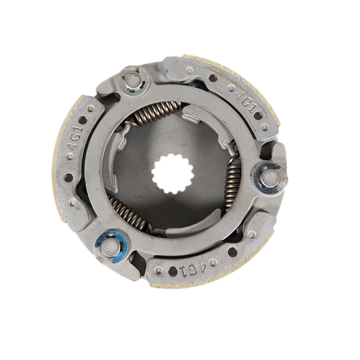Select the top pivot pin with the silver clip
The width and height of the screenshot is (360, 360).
pyautogui.click(x=134, y=81)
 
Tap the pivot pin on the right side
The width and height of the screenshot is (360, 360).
pyautogui.click(x=270, y=177)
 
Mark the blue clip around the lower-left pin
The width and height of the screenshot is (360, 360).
pyautogui.click(x=110, y=245)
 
